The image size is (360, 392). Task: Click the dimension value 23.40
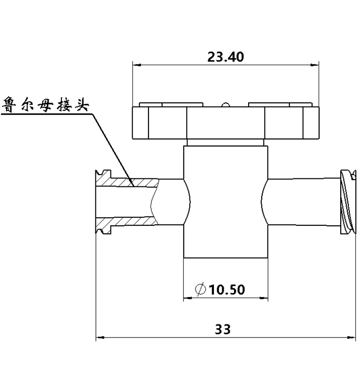pyautogui.click(x=226, y=57)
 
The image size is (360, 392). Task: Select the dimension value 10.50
pyautogui.click(x=227, y=290)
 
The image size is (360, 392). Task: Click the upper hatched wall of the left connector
pyautogui.click(x=132, y=181)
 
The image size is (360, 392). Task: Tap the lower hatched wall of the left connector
pyautogui.click(x=132, y=221)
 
